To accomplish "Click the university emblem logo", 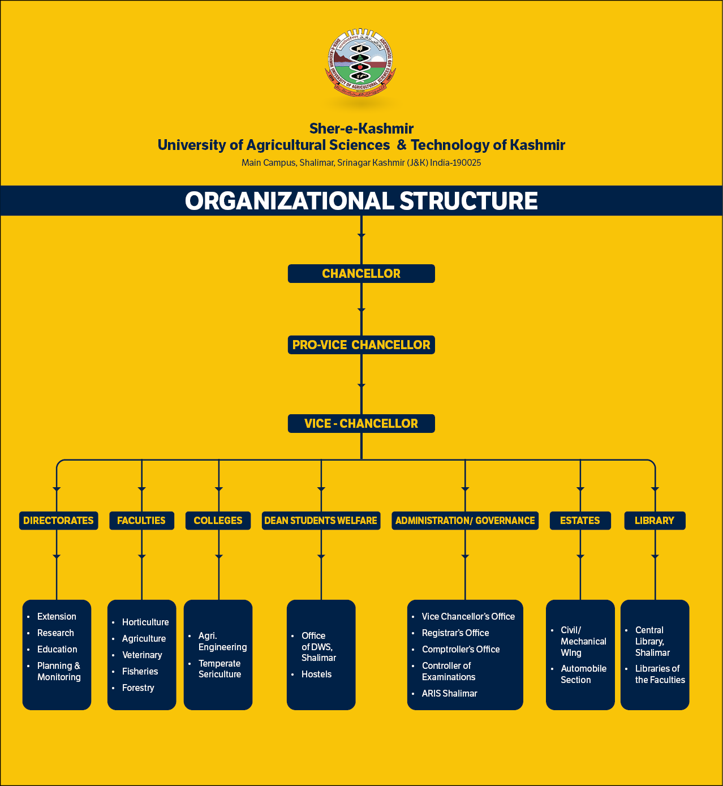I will click(361, 63).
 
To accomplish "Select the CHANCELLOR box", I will click(361, 274).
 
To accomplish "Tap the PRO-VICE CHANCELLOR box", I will click(361, 345).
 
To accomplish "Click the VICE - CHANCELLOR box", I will click(361, 423).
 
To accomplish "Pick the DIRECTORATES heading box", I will click(58, 521).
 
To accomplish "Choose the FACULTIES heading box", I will click(141, 521).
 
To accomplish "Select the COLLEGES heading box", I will click(218, 521).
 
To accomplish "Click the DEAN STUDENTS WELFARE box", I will click(321, 521).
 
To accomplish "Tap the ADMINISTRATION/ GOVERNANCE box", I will click(465, 521).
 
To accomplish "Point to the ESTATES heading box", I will click(580, 521).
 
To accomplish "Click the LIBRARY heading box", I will click(655, 521).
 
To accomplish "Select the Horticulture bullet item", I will click(145, 622).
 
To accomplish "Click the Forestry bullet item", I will click(138, 688).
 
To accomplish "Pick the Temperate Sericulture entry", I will click(220, 669).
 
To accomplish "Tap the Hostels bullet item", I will click(316, 674).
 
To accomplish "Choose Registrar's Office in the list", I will click(455, 633).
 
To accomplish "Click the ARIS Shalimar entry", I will click(450, 693).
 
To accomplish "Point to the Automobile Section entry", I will click(583, 674).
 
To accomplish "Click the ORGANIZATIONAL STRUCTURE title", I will click(361, 201).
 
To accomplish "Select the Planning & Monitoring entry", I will click(59, 671).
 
